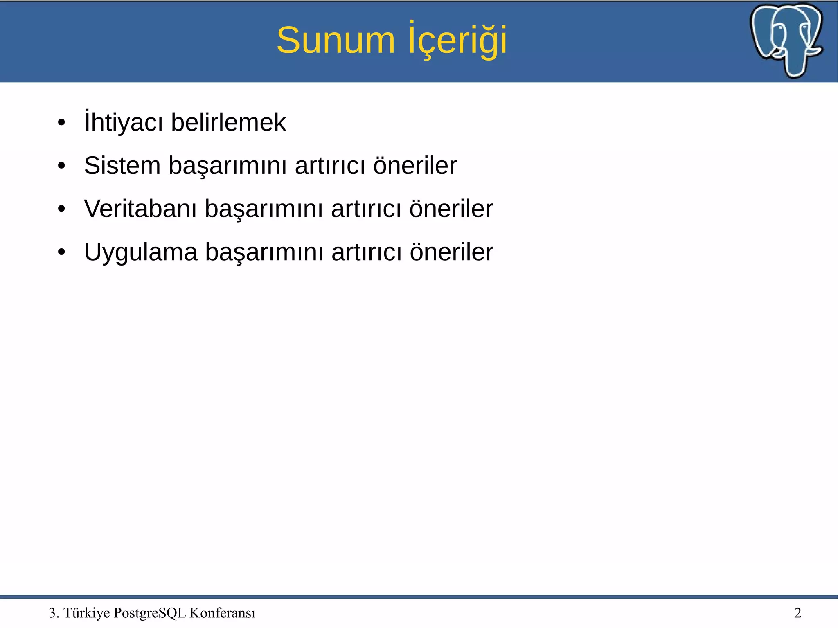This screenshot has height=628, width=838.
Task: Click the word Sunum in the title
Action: [336, 40]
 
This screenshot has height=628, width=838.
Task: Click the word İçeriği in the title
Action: [457, 40]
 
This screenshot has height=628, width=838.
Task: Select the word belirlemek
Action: [228, 122]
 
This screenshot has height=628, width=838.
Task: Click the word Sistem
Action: [122, 166]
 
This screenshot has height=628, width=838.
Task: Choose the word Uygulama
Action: [140, 252]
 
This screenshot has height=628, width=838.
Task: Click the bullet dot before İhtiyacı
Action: [61, 123]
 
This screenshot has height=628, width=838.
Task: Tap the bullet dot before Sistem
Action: [61, 166]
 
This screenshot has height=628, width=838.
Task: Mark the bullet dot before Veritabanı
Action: [61, 209]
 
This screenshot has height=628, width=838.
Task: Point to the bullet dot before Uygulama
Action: [61, 252]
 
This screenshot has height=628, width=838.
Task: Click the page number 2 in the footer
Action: [797, 613]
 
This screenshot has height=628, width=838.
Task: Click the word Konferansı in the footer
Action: [222, 613]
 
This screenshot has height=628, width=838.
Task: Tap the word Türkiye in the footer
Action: [87, 613]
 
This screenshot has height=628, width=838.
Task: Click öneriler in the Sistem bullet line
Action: [414, 166]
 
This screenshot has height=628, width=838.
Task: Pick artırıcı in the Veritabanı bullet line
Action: [366, 209]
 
